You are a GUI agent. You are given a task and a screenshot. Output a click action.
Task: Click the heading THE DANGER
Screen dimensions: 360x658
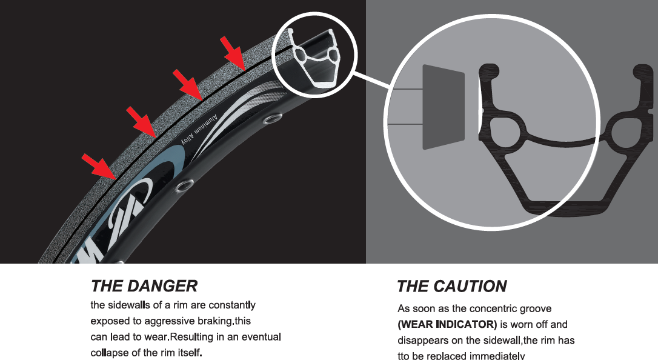tap(144, 285)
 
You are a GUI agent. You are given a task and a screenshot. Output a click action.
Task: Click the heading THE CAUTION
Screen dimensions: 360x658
tap(451, 286)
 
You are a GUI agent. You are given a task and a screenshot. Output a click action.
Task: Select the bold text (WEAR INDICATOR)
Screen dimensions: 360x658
tap(447, 324)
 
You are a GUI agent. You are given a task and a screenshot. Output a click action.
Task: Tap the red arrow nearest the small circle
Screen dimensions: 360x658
tap(233, 52)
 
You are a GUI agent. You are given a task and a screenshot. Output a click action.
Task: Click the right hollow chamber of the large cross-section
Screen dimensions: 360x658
tap(623, 132)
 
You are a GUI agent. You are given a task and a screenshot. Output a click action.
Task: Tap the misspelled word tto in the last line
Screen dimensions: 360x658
tap(404, 356)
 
